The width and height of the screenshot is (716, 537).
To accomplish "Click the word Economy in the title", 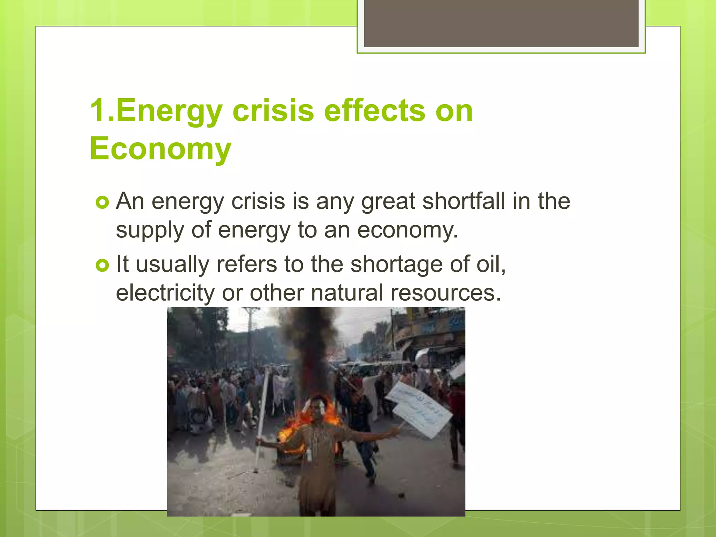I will tap(160, 148).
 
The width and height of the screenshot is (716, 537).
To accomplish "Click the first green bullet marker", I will tap(102, 202).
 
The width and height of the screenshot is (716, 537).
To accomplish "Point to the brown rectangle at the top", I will tap(501, 23).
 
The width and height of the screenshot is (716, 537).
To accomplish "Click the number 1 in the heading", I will tap(98, 110).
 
